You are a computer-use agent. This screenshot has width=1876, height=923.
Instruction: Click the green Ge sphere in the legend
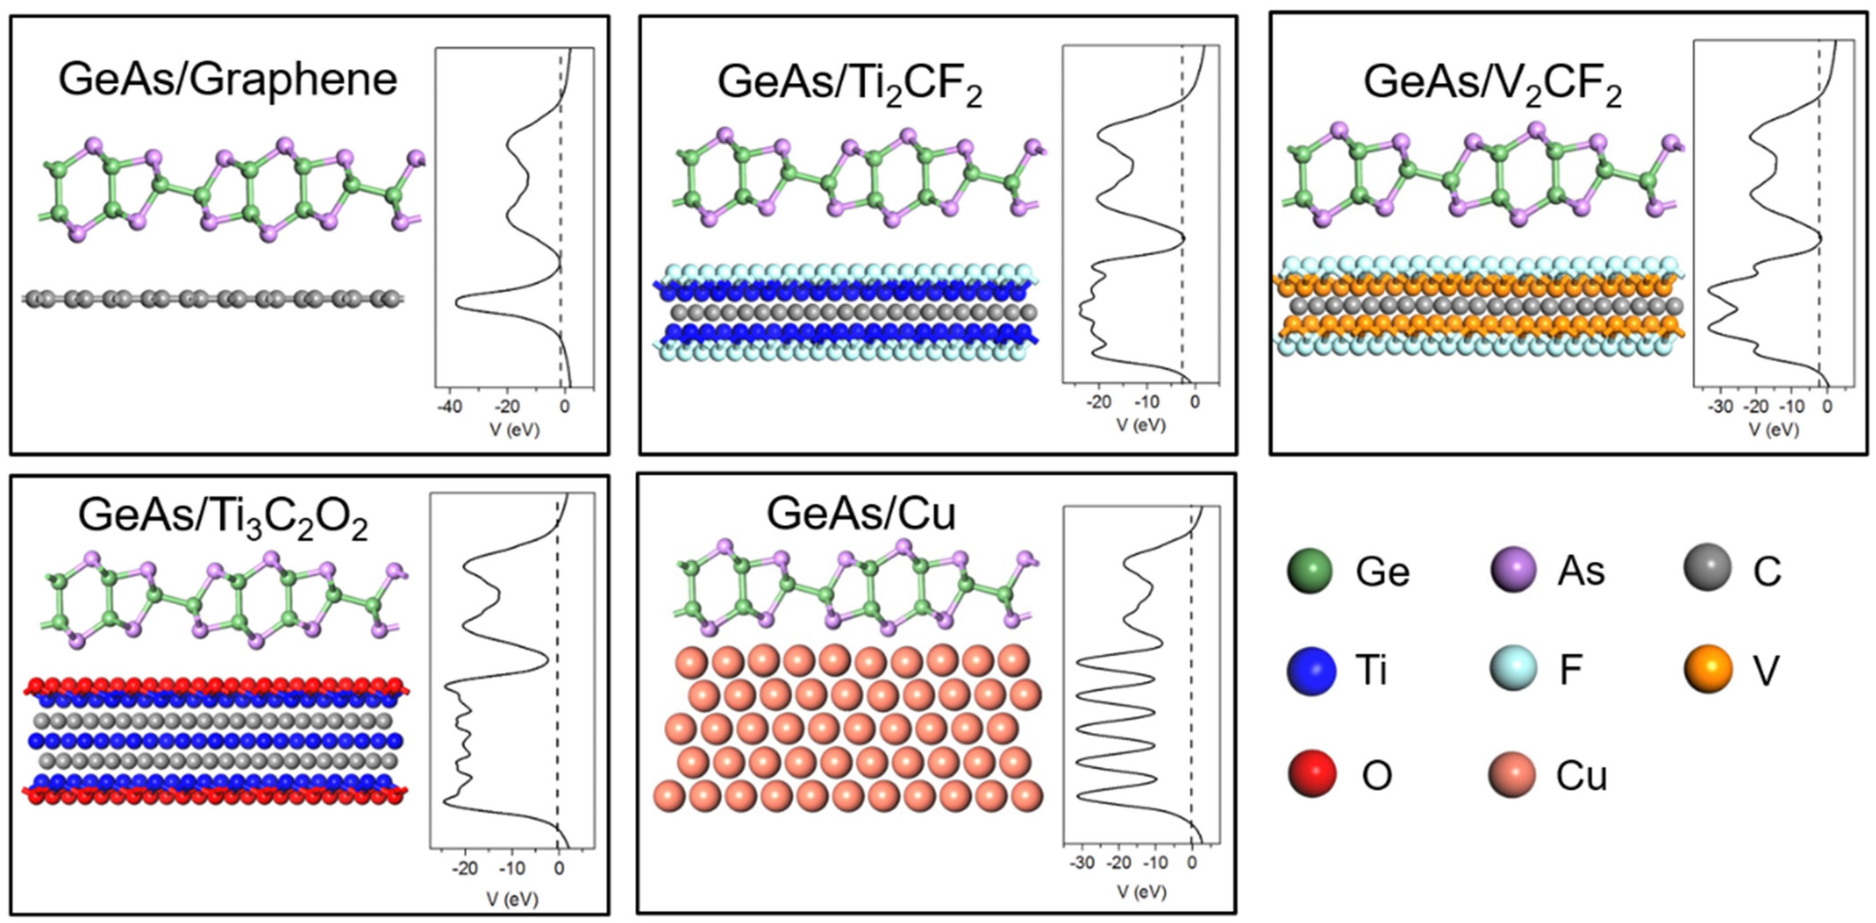pyautogui.click(x=1309, y=571)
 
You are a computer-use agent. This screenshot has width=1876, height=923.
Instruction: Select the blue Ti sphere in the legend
pyautogui.click(x=1311, y=671)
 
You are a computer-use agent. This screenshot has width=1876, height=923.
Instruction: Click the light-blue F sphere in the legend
pyautogui.click(x=1514, y=669)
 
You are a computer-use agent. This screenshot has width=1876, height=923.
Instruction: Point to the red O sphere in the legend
pyautogui.click(x=1311, y=774)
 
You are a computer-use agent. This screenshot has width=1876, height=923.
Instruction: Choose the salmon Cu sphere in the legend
pyautogui.click(x=1512, y=774)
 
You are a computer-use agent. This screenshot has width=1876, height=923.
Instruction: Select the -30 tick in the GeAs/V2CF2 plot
pyautogui.click(x=1721, y=407)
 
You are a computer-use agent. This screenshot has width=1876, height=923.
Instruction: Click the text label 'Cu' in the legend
pyautogui.click(x=1581, y=776)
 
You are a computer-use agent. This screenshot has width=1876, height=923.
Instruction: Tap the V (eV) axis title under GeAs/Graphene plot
pyautogui.click(x=514, y=430)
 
